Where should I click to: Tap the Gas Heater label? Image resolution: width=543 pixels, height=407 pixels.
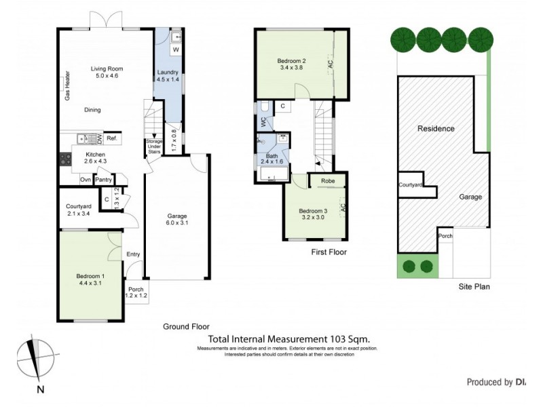click(68, 86)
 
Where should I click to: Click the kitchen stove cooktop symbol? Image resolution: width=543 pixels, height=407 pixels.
click(67, 160)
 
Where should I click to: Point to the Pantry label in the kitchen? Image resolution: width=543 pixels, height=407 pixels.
click(104, 180)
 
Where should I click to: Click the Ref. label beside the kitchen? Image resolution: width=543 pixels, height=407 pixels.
click(112, 139)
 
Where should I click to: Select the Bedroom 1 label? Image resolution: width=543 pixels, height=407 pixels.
click(90, 276)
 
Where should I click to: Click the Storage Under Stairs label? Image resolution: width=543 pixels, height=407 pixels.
click(155, 147)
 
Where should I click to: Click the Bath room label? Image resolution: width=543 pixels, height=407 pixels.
click(271, 156)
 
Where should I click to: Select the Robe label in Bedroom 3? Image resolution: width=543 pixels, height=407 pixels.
click(327, 181)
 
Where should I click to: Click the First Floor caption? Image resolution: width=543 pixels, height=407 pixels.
click(329, 252)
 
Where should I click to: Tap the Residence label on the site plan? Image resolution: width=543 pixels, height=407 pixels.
click(436, 128)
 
